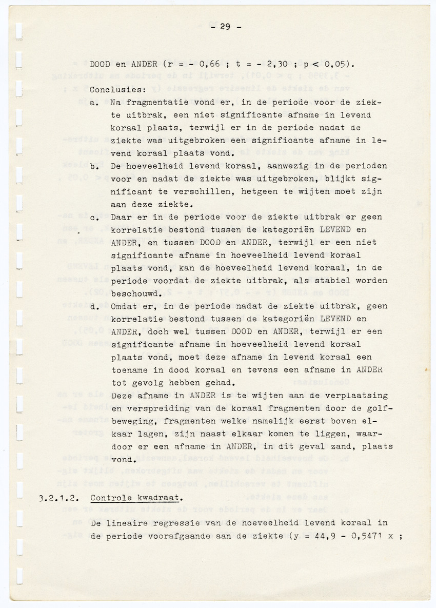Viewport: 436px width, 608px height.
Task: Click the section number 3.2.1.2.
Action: (x=58, y=498)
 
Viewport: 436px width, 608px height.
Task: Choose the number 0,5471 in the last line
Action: (x=359, y=536)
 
